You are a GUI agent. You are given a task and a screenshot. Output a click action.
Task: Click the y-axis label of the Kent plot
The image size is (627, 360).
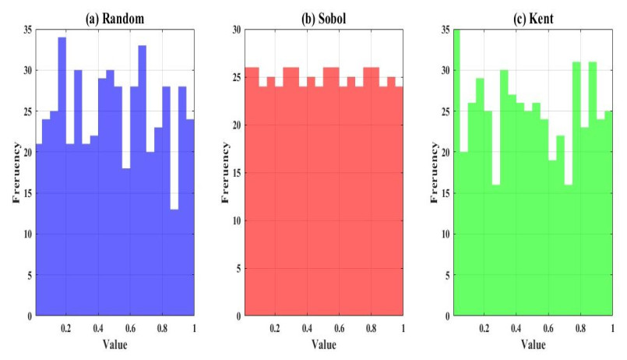tap(434, 172)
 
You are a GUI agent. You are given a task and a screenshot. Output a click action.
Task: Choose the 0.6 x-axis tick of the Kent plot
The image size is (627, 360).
tap(548, 328)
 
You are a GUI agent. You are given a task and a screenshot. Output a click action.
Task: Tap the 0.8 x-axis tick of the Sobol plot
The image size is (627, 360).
tap(371, 328)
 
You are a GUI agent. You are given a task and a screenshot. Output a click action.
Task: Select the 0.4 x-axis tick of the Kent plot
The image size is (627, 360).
tap(516, 328)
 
